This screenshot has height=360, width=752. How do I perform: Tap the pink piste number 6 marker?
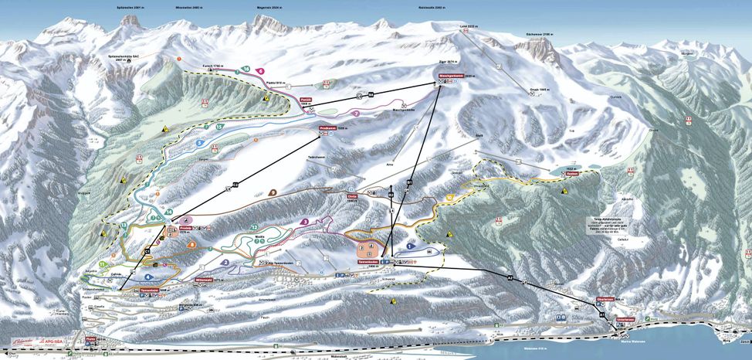point(262,71)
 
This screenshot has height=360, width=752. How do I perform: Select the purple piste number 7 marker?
point(357,114)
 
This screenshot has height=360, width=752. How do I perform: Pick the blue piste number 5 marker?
point(200,143)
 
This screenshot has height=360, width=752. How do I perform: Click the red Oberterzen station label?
point(605,299)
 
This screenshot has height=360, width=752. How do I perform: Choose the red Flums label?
point(91,338)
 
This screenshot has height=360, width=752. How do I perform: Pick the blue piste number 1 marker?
point(411,245)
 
